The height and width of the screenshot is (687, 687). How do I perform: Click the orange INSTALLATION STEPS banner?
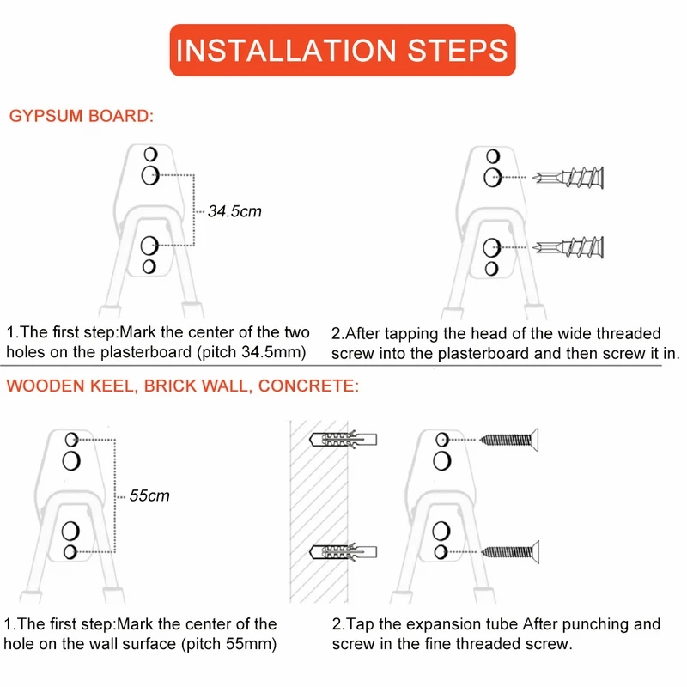tap(343, 50)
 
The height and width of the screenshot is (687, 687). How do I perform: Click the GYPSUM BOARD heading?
tap(82, 116)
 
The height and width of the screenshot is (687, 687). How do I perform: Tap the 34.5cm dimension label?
tap(234, 211)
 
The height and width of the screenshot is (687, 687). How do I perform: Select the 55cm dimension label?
tap(149, 495)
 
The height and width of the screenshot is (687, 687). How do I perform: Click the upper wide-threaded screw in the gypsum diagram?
tap(568, 178)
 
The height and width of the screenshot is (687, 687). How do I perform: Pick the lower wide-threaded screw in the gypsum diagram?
tap(568, 247)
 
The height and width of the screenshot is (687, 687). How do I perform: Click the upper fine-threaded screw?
tap(509, 440)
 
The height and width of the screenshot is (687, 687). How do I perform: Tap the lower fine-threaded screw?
tap(510, 552)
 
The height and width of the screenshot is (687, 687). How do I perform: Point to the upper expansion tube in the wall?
tap(343, 440)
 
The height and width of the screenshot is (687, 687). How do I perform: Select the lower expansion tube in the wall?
tap(343, 552)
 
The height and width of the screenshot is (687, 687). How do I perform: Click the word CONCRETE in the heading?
tap(308, 386)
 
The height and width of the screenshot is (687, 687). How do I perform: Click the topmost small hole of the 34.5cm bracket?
tap(150, 155)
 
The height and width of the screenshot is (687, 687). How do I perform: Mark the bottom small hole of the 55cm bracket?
tap(70, 552)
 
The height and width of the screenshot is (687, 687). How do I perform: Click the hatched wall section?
tap(319, 512)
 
